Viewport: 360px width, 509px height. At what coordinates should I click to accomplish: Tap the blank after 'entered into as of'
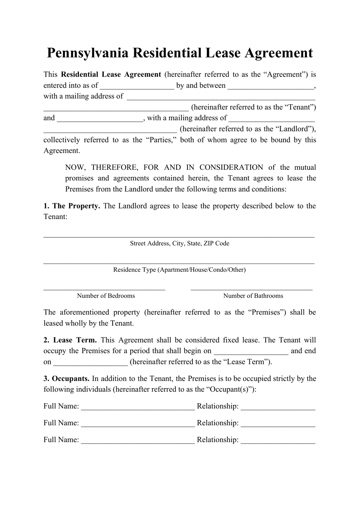click(x=137, y=86)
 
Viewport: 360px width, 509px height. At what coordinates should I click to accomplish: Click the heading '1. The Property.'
click(x=72, y=206)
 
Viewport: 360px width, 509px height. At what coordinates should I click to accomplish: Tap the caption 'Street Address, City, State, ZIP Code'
click(x=179, y=243)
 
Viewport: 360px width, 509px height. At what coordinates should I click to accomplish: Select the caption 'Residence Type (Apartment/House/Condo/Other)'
click(x=179, y=270)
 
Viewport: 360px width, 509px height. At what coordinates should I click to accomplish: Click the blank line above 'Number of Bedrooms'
click(x=104, y=288)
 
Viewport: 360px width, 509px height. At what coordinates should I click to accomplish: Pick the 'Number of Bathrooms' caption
click(x=253, y=296)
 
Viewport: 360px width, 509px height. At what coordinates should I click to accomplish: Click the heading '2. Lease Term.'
click(x=70, y=340)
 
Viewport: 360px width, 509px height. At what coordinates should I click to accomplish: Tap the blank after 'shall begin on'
click(x=251, y=352)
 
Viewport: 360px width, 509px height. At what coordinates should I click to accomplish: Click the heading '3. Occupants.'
click(x=66, y=379)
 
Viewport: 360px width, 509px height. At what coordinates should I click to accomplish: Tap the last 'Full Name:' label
click(x=61, y=440)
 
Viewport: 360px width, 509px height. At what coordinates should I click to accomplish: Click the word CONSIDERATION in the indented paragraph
click(x=231, y=168)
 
